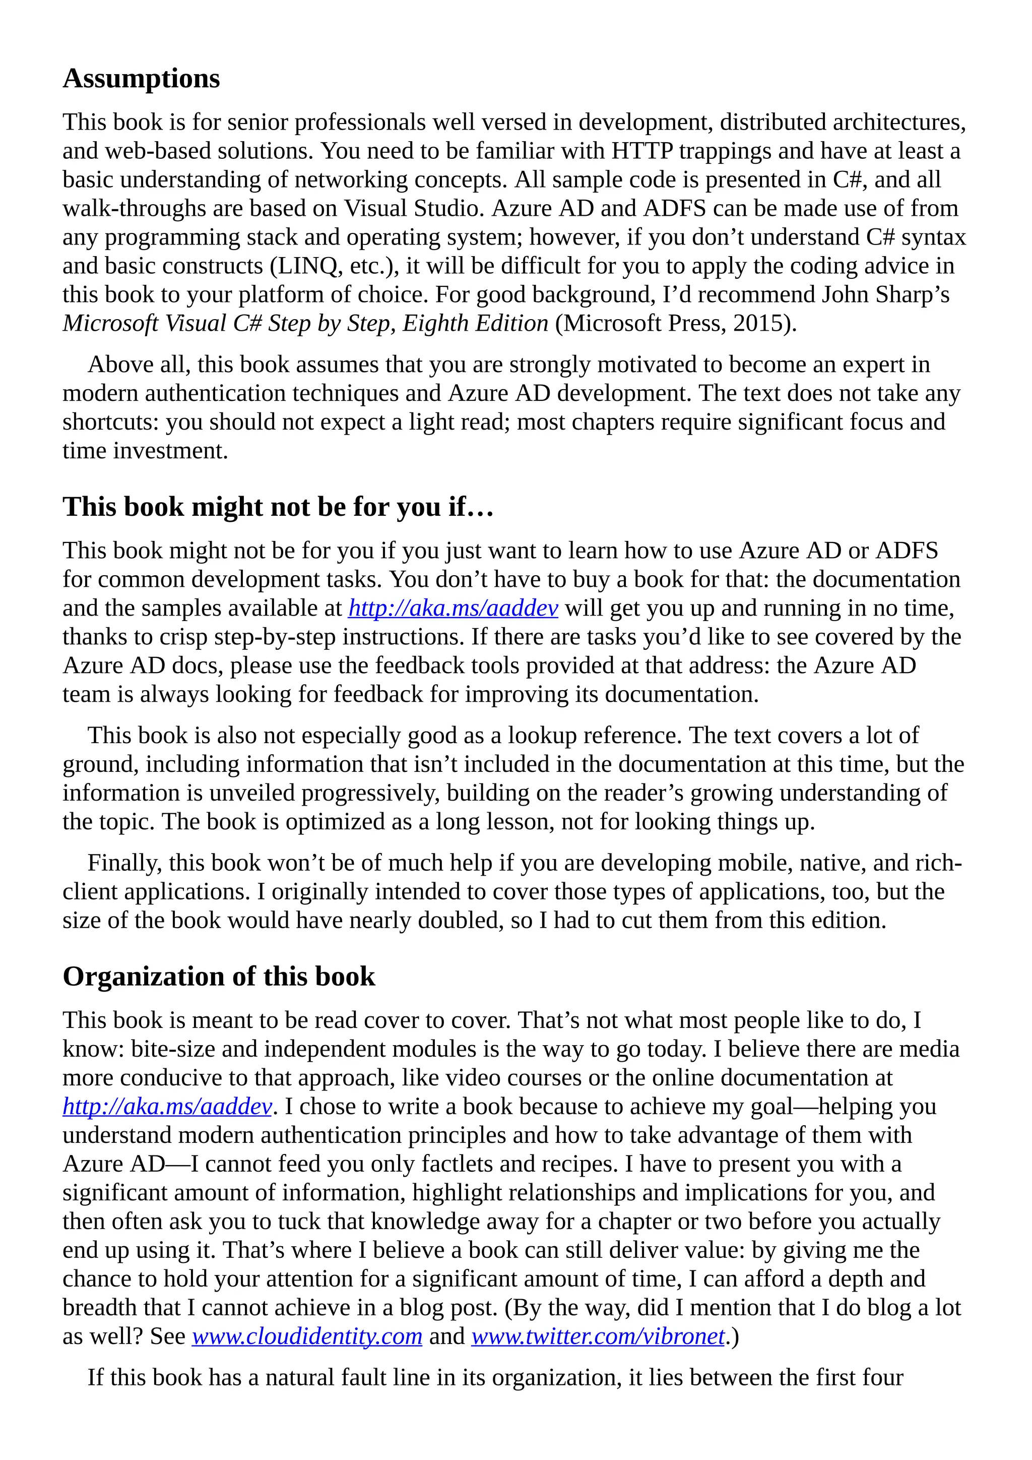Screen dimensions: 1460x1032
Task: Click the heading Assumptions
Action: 141,79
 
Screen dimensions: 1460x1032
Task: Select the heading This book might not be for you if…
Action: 278,507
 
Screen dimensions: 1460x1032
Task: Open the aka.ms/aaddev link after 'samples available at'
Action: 453,608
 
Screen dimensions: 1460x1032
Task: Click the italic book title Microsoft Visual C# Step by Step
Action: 229,323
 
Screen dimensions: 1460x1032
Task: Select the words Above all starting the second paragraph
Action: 139,364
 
